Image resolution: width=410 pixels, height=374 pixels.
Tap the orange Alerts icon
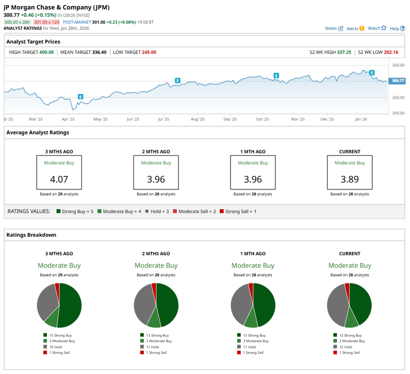pos(362,28)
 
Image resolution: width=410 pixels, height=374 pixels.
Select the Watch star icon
pos(384,28)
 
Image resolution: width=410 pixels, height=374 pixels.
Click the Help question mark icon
pos(403,28)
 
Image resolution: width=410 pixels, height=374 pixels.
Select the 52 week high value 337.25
pos(344,52)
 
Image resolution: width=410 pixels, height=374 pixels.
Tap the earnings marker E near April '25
pos(80,96)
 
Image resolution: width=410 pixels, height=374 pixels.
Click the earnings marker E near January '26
pos(372,73)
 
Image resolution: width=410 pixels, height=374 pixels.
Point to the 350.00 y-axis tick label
pos(398,65)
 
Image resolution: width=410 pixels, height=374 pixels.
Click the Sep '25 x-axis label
pos(230,119)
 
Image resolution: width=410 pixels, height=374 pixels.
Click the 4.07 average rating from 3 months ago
pos(59,179)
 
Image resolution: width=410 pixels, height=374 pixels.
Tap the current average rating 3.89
pos(350,179)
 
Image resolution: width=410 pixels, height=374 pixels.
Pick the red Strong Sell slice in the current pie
pos(347,288)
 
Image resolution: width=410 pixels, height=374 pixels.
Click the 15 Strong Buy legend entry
pos(59,335)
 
